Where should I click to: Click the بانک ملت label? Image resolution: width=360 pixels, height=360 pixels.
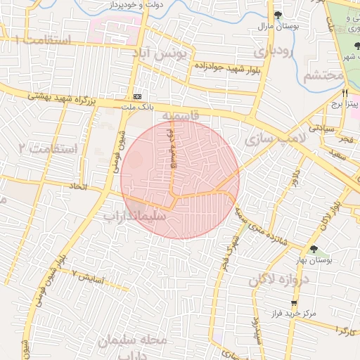pos(136,106)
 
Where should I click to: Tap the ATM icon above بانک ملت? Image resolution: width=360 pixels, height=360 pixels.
pos(136,96)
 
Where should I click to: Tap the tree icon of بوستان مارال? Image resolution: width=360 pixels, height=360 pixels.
pos(278,15)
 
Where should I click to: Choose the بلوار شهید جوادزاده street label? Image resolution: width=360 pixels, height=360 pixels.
pos(225,78)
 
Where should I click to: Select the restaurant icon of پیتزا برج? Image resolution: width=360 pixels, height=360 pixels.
pos(345,93)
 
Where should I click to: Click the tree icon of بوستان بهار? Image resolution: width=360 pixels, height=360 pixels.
pos(314,250)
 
